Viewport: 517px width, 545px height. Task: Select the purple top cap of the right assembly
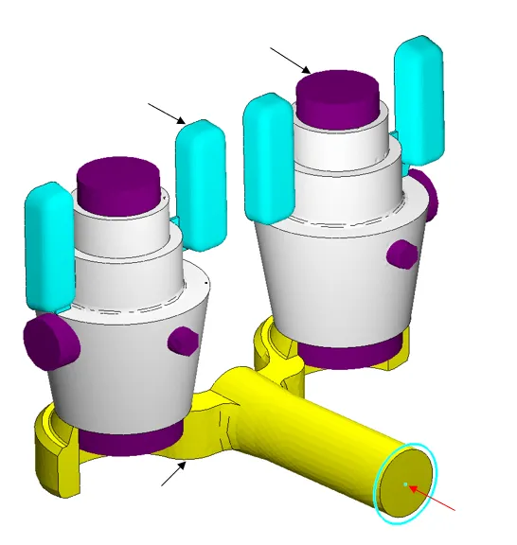[339, 93]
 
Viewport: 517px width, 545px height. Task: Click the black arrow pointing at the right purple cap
[290, 60]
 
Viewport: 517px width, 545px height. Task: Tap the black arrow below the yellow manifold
[173, 474]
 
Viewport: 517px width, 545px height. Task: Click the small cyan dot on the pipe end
[404, 484]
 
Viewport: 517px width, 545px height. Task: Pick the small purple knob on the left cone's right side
[181, 341]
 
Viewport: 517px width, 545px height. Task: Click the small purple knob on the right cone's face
[402, 254]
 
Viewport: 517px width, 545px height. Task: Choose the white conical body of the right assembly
[341, 284]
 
